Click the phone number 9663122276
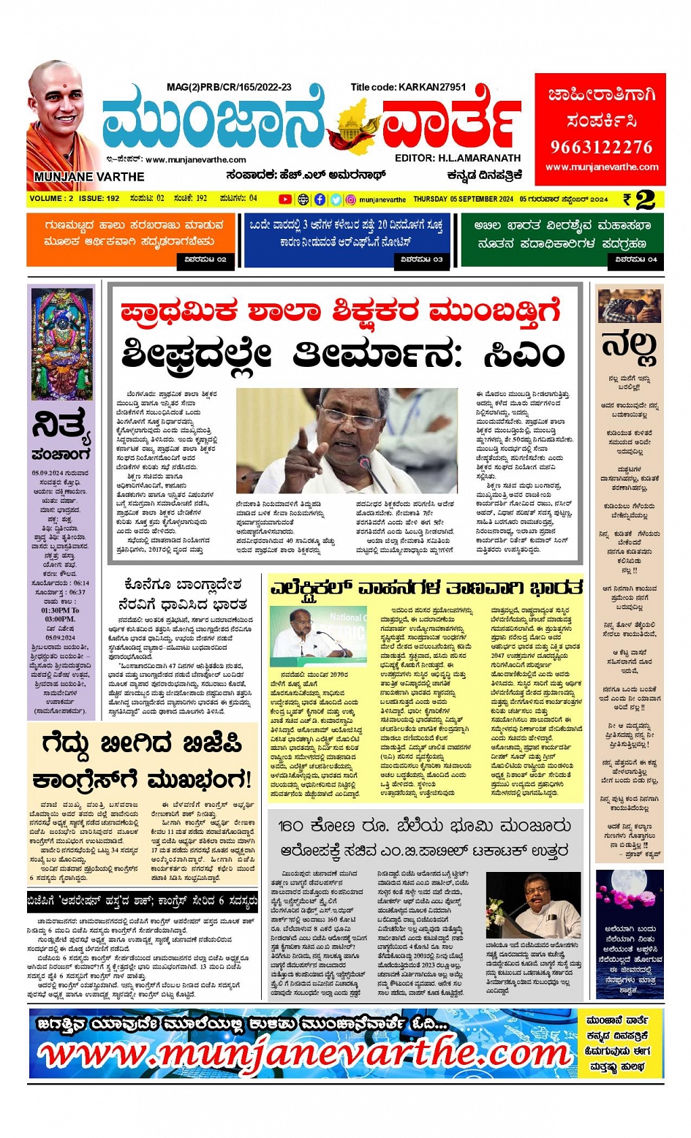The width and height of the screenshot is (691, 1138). click(x=601, y=147)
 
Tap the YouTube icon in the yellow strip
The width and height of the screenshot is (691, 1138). click(x=284, y=199)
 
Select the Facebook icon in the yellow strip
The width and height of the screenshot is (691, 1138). click(x=320, y=199)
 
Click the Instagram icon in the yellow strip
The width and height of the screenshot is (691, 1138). click(x=351, y=199)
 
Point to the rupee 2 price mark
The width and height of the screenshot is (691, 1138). click(x=638, y=199)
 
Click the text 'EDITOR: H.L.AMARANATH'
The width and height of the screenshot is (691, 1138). click(x=458, y=158)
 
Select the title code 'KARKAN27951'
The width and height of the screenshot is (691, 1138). click(x=432, y=87)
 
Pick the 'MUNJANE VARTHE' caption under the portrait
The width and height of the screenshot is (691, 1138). click(x=88, y=176)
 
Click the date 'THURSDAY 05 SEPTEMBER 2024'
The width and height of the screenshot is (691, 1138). click(x=463, y=199)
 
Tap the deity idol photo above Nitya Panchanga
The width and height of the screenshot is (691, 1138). click(x=61, y=343)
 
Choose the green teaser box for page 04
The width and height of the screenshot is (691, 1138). click(x=562, y=239)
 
